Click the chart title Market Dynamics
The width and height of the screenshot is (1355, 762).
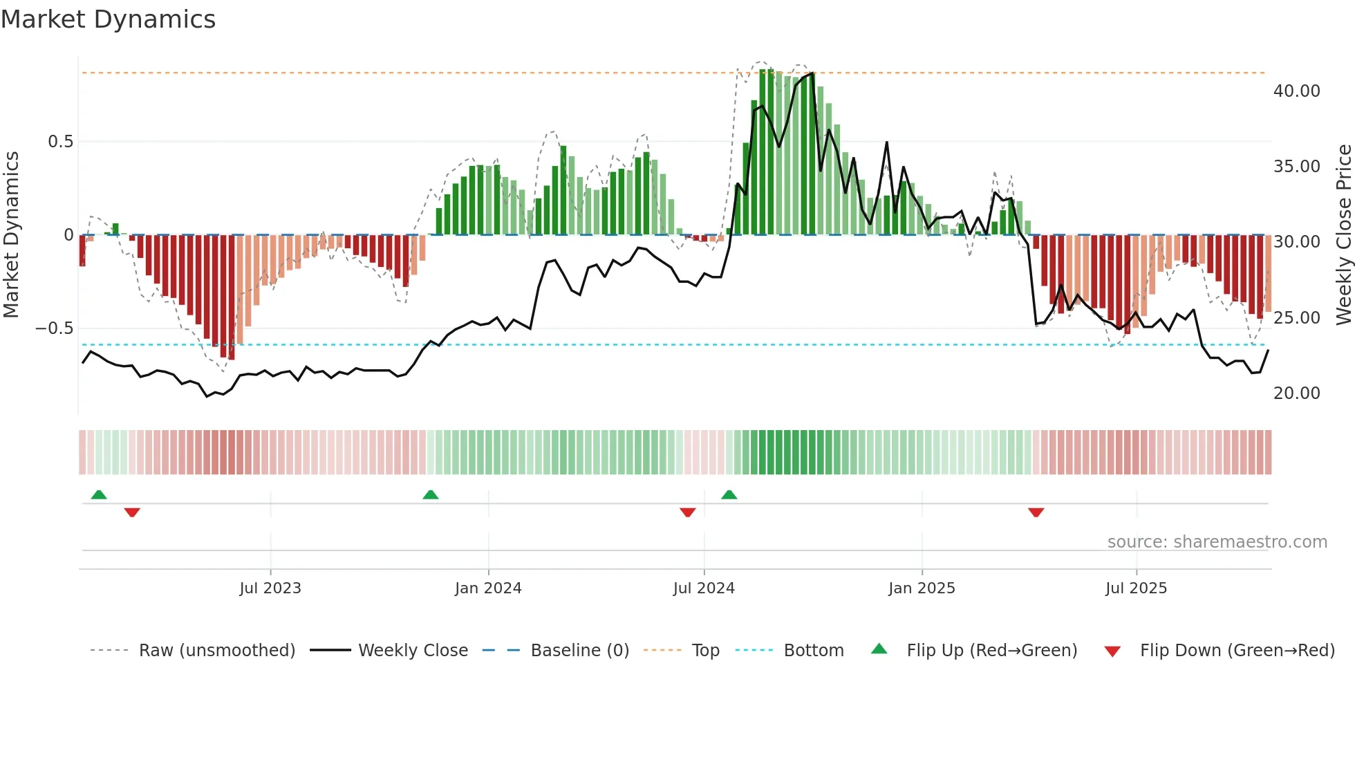[x=109, y=19]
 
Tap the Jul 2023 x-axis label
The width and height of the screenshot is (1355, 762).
[x=270, y=588]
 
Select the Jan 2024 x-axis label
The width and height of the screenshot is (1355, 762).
[x=488, y=588]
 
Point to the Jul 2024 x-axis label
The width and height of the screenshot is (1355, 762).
[x=704, y=588]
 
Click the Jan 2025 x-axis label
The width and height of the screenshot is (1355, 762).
[x=922, y=588]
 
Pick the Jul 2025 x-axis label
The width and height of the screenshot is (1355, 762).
[x=1136, y=588]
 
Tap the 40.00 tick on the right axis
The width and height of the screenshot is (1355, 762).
[x=1297, y=91]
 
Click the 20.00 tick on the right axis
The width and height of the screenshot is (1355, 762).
[x=1297, y=393]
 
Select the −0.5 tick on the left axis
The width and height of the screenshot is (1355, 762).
[x=54, y=328]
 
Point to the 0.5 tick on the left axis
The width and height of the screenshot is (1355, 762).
[x=60, y=142]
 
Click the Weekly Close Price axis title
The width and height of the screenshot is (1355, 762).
[x=1343, y=235]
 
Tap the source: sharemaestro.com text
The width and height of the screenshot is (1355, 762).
[x=1217, y=542]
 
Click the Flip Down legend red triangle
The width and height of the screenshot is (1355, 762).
[x=1112, y=651]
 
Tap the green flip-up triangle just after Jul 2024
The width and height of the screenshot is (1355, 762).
[x=729, y=495]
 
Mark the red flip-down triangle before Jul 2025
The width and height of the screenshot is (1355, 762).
[x=1036, y=512]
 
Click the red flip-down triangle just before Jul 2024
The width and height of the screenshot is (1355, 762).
[x=687, y=512]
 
